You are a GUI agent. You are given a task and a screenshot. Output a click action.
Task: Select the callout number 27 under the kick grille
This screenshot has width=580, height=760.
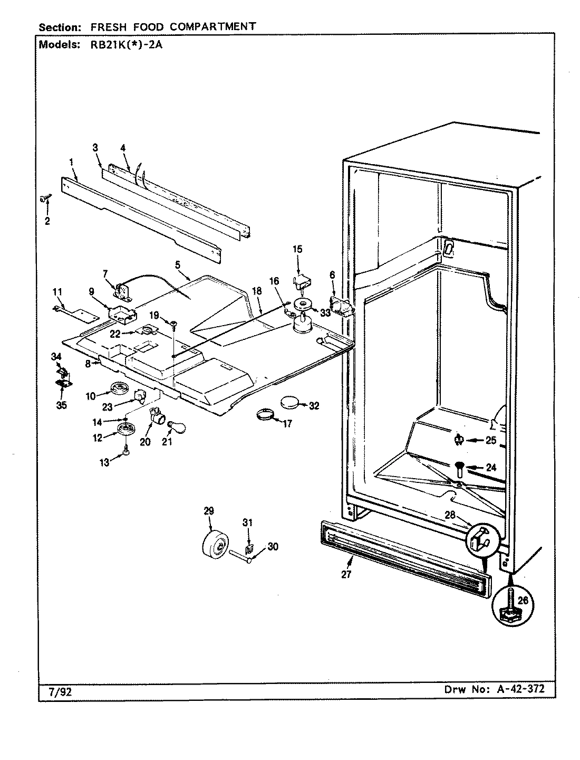click(x=346, y=575)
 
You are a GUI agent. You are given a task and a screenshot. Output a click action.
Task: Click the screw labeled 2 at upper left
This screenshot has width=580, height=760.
click(x=44, y=198)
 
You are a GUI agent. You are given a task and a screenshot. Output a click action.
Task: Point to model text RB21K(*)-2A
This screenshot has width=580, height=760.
click(x=122, y=45)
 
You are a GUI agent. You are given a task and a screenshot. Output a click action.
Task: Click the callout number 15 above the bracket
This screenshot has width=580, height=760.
click(x=297, y=249)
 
